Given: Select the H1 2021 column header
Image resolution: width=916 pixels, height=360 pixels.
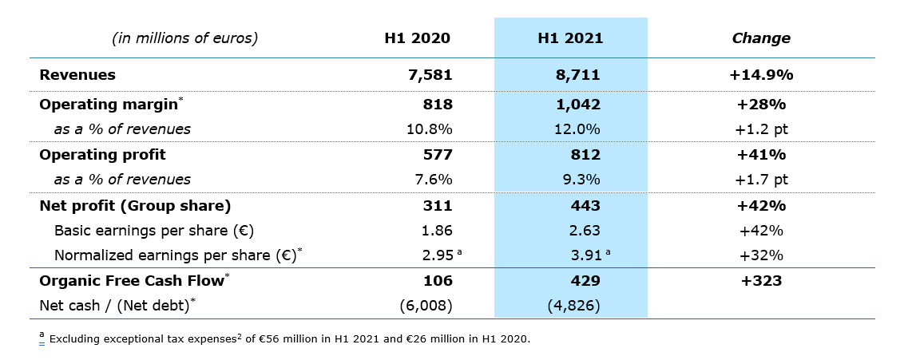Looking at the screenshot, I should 570,38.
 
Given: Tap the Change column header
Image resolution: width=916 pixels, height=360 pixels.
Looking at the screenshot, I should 760,38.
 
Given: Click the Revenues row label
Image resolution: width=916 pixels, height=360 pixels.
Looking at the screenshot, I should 77,75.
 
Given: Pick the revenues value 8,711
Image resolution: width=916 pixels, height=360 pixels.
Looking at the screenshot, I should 577,75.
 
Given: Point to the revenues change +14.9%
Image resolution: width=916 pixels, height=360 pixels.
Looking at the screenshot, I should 760,75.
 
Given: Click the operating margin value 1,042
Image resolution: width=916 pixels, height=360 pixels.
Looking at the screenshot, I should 577,105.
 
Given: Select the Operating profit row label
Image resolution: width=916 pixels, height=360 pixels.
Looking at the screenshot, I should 102,155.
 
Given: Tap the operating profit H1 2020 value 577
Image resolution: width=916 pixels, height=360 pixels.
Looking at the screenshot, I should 438,155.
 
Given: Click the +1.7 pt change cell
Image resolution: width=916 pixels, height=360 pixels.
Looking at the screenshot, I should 760,180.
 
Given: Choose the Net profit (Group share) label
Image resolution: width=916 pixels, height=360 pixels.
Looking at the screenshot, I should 135,206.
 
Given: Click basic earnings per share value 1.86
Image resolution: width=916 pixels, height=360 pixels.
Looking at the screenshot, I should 437,231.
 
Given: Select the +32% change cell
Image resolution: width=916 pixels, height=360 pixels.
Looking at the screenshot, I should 760,255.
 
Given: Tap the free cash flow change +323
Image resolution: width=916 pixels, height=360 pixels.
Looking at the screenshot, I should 760,281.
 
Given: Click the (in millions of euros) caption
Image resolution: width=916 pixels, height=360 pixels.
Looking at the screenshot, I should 185,38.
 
